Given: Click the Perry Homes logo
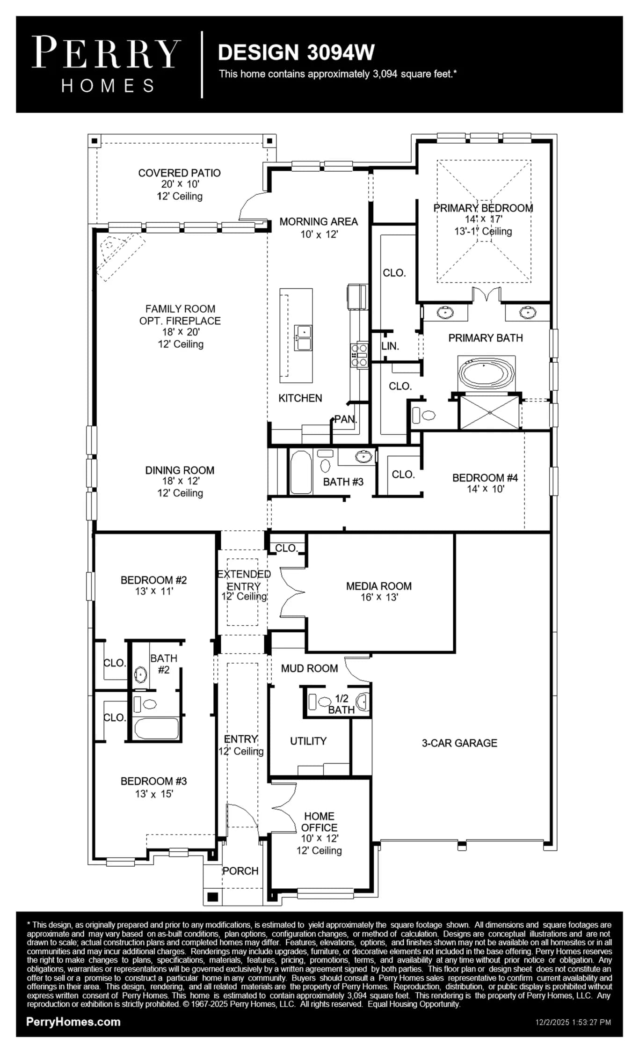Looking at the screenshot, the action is (106, 64).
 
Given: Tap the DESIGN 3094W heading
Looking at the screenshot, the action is (296, 52).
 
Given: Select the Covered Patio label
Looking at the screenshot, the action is (180, 173).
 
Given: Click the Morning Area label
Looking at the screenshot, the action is (319, 222).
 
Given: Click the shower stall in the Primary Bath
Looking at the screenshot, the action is (490, 412).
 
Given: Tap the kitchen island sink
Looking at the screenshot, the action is (303, 338).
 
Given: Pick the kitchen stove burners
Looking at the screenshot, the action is (359, 355).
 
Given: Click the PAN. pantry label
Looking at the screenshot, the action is (345, 419).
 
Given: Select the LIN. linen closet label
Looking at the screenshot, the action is (390, 346).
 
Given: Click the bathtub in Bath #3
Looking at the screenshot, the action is (301, 472).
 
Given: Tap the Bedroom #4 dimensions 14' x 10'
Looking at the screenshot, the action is (486, 489).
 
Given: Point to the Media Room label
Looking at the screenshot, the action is (379, 586).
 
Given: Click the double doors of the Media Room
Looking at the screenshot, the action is (292, 592).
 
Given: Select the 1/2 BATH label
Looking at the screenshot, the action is (341, 704).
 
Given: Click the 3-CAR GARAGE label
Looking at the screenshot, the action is (459, 743).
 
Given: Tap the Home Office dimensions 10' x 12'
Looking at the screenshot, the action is (319, 839).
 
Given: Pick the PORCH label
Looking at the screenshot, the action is (240, 871).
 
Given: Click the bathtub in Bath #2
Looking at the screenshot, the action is (157, 728).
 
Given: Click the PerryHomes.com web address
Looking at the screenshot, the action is (73, 1022).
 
